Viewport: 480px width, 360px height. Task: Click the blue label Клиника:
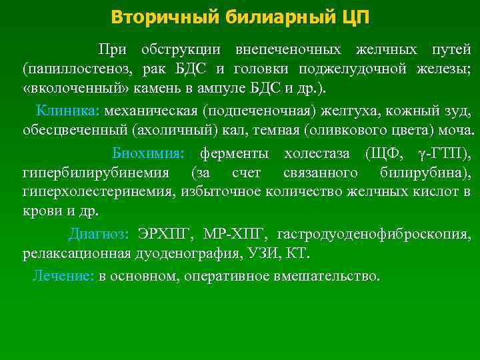click(67, 110)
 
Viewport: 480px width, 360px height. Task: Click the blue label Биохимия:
click(147, 154)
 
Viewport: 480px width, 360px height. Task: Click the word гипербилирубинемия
click(96, 173)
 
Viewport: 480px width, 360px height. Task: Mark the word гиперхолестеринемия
click(99, 193)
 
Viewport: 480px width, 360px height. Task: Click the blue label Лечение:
click(63, 276)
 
